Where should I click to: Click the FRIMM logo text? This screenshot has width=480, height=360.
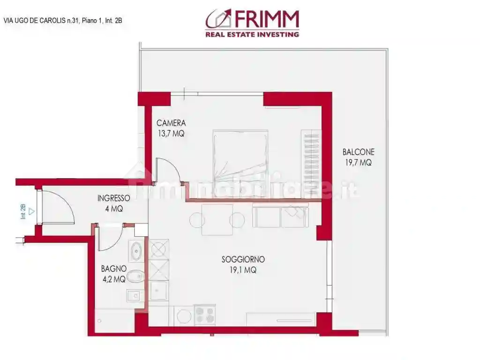pos(265,19)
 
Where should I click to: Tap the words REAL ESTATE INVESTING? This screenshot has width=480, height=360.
pos(252,34)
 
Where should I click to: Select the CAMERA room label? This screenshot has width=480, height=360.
pos(171,123)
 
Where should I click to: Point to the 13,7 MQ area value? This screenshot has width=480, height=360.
pos(171,133)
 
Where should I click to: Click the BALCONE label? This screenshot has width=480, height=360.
pos(358,152)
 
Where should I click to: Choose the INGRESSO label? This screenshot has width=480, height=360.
pos(113,198)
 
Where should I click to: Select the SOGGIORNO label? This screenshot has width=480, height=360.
pos(243,259)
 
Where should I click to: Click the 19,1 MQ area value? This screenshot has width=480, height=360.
pos(243,270)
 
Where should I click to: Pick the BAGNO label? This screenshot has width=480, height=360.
pos(113,269)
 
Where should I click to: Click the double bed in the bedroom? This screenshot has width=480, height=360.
pos(240,157)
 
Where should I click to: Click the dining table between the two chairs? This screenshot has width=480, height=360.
pos(217,219)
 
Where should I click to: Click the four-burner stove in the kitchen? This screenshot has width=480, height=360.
pos(205,315)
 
